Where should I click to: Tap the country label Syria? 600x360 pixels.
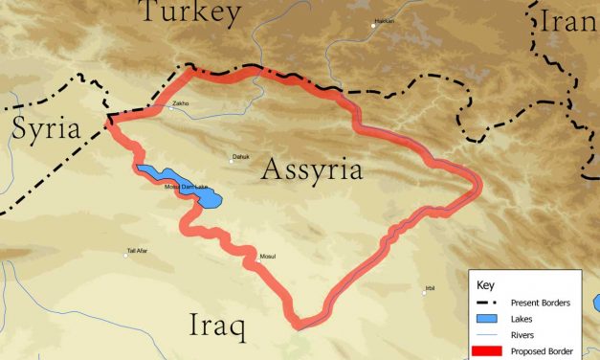46,130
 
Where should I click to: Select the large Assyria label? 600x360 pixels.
312,171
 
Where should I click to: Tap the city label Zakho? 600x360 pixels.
180,102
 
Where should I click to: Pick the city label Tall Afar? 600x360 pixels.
137,252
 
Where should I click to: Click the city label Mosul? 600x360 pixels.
268,257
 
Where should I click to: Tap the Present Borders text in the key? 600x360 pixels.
540,303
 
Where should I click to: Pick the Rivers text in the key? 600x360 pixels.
522,334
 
